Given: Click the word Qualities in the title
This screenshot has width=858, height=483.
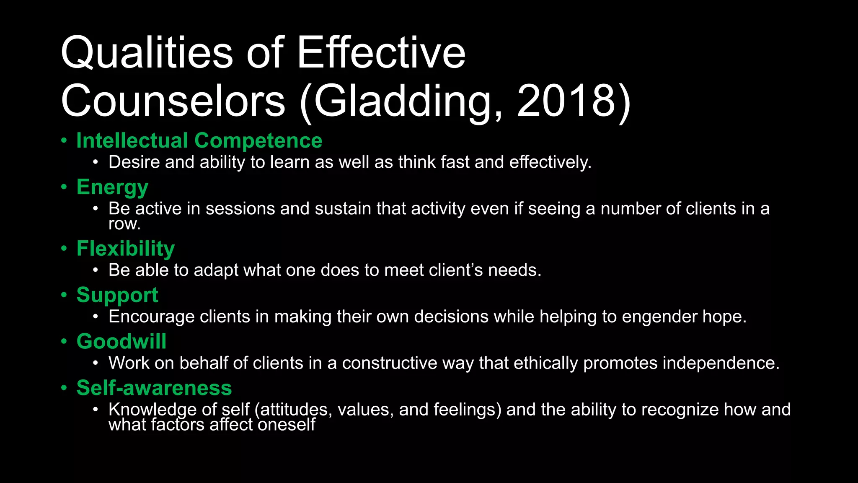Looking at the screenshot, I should click(147, 53).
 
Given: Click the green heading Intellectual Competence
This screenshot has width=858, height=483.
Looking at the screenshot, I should click(199, 140).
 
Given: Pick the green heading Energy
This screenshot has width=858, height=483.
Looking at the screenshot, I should click(112, 187).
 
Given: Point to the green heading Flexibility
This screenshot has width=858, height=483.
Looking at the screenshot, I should click(125, 249).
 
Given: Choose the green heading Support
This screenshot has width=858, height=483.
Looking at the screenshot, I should click(117, 295).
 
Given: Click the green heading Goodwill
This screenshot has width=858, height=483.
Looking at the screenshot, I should click(121, 341).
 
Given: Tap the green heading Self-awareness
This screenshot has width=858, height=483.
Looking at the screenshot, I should click(154, 388).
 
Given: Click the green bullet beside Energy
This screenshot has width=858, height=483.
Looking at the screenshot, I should click(64, 187).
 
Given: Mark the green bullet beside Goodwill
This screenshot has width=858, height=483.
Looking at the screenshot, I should click(64, 341).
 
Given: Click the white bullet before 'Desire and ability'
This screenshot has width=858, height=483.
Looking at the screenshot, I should click(96, 162).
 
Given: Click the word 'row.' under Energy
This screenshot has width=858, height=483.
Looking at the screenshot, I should click(124, 224).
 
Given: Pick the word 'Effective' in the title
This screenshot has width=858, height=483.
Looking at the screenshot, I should click(381, 53).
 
